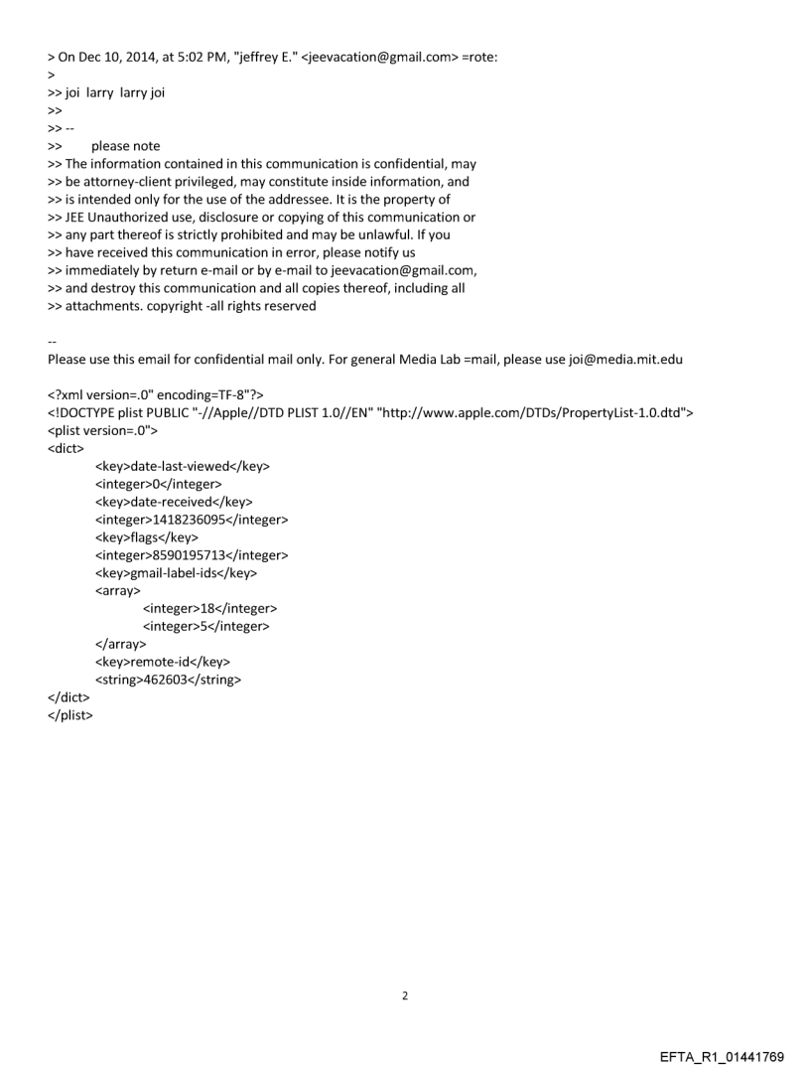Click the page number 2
pos(404,994)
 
